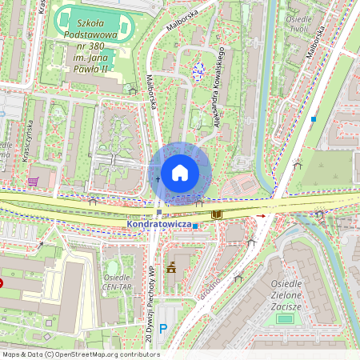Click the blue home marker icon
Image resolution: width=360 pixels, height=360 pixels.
(180, 173)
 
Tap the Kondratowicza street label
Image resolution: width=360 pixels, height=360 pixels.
(158, 226)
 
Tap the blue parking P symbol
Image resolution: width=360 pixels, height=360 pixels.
(163, 328)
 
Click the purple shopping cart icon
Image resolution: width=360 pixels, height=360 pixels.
(33, 181)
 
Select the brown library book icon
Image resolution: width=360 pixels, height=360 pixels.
(216, 214)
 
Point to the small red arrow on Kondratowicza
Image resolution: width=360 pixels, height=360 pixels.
(260, 216)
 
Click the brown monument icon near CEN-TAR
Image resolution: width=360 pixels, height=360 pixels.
(170, 267)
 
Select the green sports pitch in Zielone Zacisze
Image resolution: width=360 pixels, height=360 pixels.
(285, 318)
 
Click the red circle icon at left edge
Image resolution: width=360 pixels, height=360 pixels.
(2, 282)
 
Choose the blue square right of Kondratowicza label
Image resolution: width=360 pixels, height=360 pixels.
(195, 226)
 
